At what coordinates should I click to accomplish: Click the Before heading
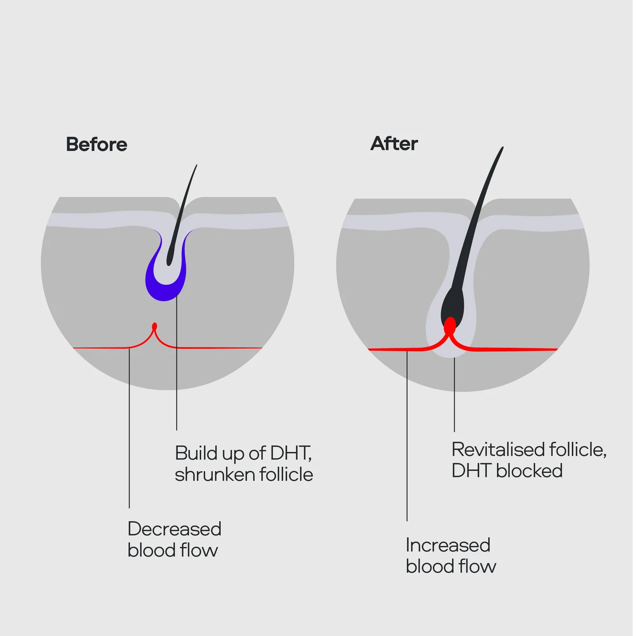tap(97, 145)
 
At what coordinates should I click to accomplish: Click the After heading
tap(394, 143)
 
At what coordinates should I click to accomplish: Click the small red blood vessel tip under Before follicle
tap(155, 327)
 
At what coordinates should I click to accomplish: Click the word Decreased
tap(174, 529)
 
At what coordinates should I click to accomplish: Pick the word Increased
tap(448, 545)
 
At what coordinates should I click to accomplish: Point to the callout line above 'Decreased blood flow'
tap(129, 428)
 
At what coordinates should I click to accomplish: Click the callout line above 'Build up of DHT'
tap(177, 362)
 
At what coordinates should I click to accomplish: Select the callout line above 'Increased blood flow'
tap(407, 436)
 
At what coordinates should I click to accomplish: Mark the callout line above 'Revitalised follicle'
tap(454, 395)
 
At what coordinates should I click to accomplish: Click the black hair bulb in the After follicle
tap(453, 305)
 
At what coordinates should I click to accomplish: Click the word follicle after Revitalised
tap(578, 449)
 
